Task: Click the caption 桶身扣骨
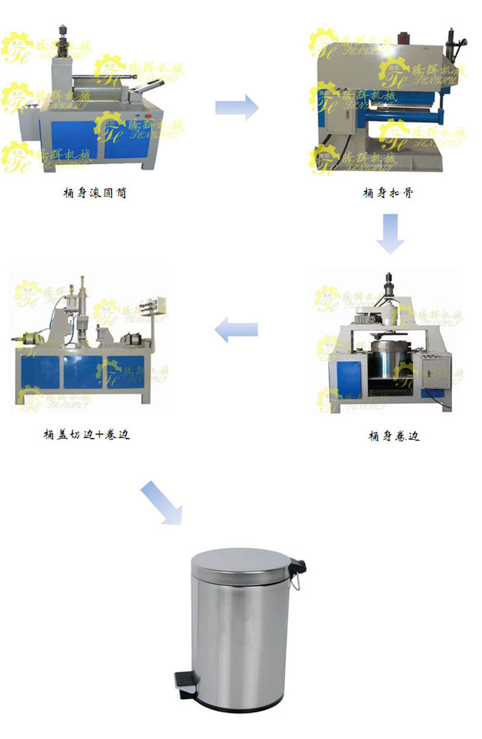click(388, 193)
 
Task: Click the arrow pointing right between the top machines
click(236, 108)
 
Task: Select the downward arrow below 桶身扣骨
click(390, 233)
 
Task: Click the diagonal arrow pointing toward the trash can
click(162, 504)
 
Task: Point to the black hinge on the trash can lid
click(297, 566)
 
